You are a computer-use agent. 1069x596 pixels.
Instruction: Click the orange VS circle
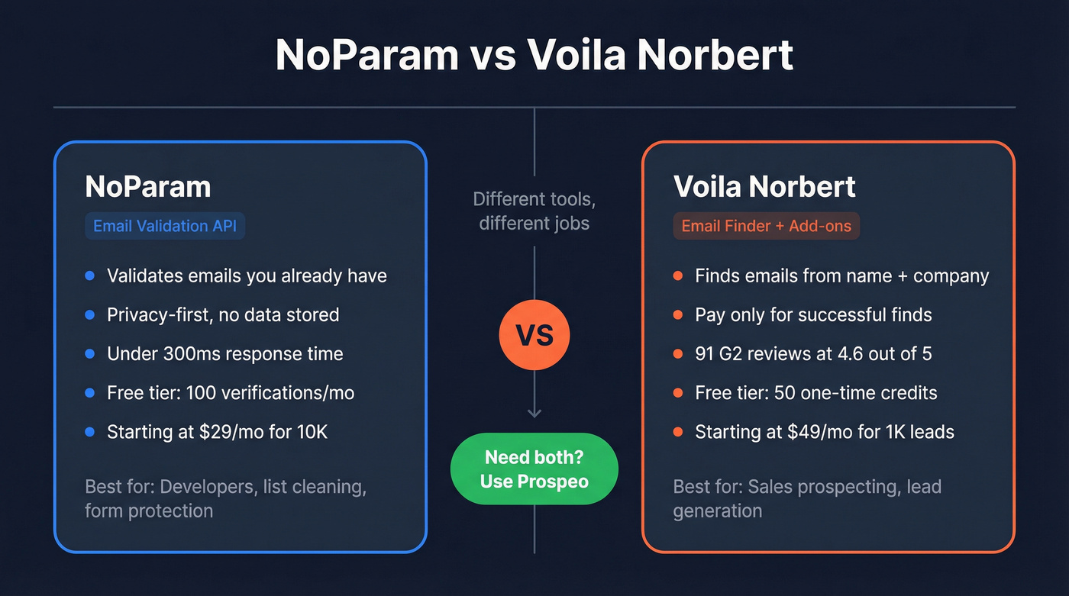click(x=534, y=335)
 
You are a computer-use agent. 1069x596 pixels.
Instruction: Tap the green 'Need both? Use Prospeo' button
click(x=534, y=469)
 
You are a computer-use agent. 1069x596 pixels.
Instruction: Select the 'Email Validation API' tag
click(x=165, y=226)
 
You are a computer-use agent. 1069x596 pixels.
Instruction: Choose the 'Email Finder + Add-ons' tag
click(x=766, y=226)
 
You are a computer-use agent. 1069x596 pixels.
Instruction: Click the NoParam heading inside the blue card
click(x=148, y=187)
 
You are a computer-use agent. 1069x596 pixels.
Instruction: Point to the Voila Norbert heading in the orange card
click(x=764, y=187)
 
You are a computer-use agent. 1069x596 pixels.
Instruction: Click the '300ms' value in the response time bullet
click(x=191, y=354)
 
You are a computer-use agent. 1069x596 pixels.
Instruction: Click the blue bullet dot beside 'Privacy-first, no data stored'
click(x=90, y=315)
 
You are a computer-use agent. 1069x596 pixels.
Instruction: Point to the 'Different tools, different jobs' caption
click(x=534, y=211)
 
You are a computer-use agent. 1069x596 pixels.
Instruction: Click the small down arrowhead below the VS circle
click(x=534, y=413)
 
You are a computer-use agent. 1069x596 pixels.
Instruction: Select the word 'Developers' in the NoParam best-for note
click(x=205, y=487)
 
